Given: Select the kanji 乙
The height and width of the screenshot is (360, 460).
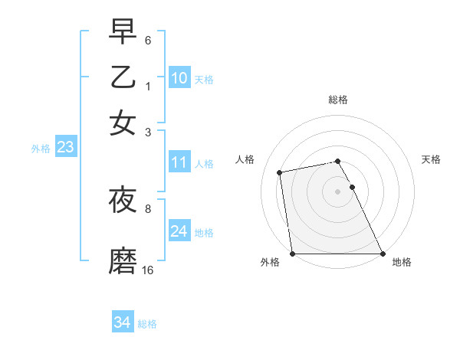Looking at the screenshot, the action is point(123,78).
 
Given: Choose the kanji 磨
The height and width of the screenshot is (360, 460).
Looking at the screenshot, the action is point(123,261).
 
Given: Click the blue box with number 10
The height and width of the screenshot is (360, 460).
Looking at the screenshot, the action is point(179,78).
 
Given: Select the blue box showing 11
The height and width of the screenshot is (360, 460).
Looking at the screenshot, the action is point(179,162).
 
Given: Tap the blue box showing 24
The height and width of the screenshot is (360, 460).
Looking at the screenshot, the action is point(179,231).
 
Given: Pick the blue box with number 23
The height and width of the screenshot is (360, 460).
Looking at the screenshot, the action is point(65,148).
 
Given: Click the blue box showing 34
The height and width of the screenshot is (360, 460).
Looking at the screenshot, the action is point(123,322).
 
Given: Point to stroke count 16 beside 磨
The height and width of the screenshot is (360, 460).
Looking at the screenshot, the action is point(148,270).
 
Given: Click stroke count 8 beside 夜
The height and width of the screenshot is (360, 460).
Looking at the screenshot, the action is point(148,208).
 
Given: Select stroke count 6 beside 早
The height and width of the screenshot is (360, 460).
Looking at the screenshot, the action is point(148,40).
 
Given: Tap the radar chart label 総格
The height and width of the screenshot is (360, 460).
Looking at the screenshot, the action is point(338,100).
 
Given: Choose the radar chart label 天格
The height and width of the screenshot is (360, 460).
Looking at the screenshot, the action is point(431,159).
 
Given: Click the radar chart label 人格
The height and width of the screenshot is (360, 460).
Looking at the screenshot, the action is point(245,159).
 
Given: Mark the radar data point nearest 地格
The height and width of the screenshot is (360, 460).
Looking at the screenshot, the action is point(382,254).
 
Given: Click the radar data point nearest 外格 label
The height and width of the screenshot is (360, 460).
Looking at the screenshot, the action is point(293,254).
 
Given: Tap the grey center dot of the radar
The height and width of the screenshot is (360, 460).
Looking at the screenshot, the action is point(338,191).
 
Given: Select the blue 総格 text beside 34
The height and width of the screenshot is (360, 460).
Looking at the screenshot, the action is point(147,324).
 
